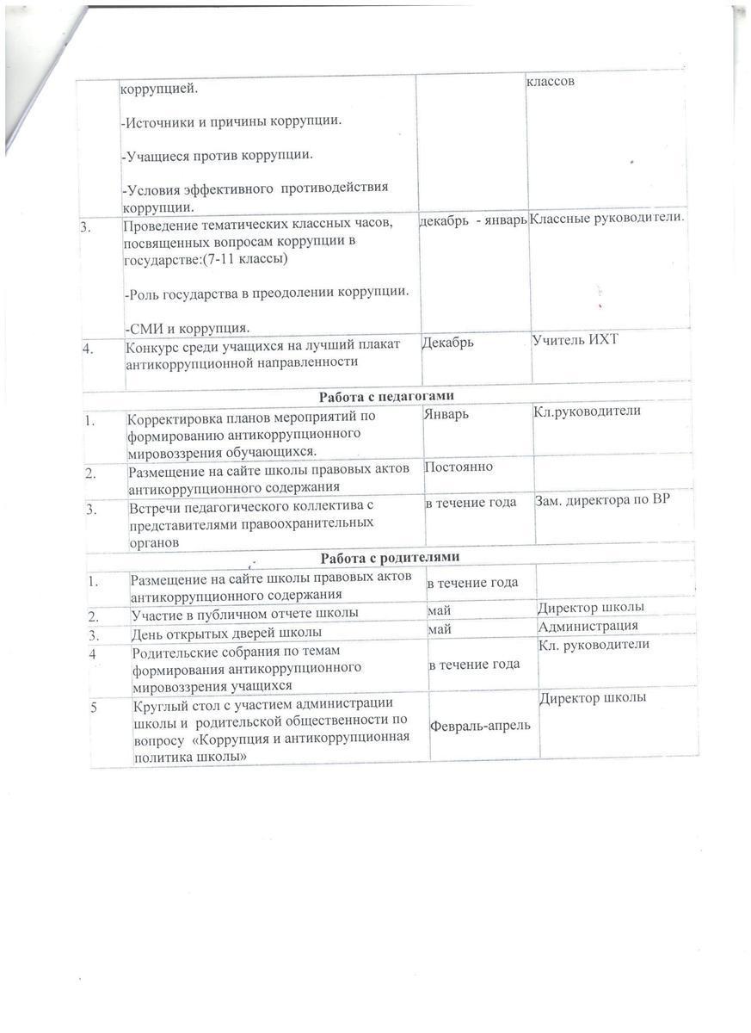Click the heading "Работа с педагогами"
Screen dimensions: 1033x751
386,396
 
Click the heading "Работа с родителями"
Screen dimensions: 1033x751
390,556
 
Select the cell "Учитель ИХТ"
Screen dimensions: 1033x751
576,341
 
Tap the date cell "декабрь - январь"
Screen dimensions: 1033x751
472,221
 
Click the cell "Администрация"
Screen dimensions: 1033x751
588,626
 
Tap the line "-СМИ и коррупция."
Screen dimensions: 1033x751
186,328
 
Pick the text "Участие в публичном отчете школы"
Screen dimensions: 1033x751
232,615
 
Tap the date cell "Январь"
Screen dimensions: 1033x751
447,413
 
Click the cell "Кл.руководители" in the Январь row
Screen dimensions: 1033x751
588,411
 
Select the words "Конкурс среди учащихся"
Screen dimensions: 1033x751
198,347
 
